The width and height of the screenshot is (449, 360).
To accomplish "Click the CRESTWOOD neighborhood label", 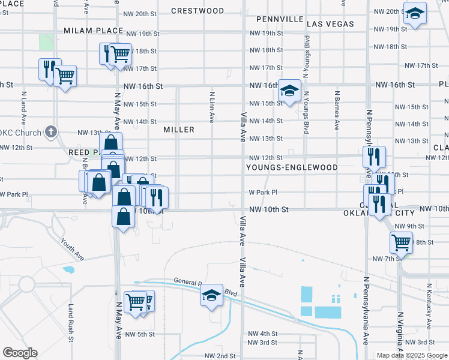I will pyautogui.click(x=197, y=11).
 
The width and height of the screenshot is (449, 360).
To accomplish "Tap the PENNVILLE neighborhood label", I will pyautogui.click(x=280, y=19).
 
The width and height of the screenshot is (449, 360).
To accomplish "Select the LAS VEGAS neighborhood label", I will pyautogui.click(x=330, y=24).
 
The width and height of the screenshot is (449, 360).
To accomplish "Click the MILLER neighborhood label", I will pyautogui.click(x=179, y=130).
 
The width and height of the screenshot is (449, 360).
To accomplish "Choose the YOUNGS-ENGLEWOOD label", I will pyautogui.click(x=292, y=168).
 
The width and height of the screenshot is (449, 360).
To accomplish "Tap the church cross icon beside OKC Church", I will pyautogui.click(x=52, y=131).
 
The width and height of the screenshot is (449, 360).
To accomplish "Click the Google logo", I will pyautogui.click(x=20, y=353).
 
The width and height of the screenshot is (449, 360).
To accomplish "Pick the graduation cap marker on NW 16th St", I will pyautogui.click(x=289, y=91).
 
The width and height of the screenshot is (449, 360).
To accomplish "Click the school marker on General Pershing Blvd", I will pyautogui.click(x=211, y=295).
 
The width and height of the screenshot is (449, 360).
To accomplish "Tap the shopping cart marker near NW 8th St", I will pyautogui.click(x=401, y=242).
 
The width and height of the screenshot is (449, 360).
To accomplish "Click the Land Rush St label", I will pyautogui.click(x=71, y=322).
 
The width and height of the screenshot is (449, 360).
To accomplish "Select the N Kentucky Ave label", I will pyautogui.click(x=429, y=307).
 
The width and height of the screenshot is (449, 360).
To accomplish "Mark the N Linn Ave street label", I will pyautogui.click(x=212, y=107).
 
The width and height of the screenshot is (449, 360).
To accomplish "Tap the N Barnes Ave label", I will pyautogui.click(x=337, y=110).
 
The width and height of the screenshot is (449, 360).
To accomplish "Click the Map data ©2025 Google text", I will pyautogui.click(x=411, y=355).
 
